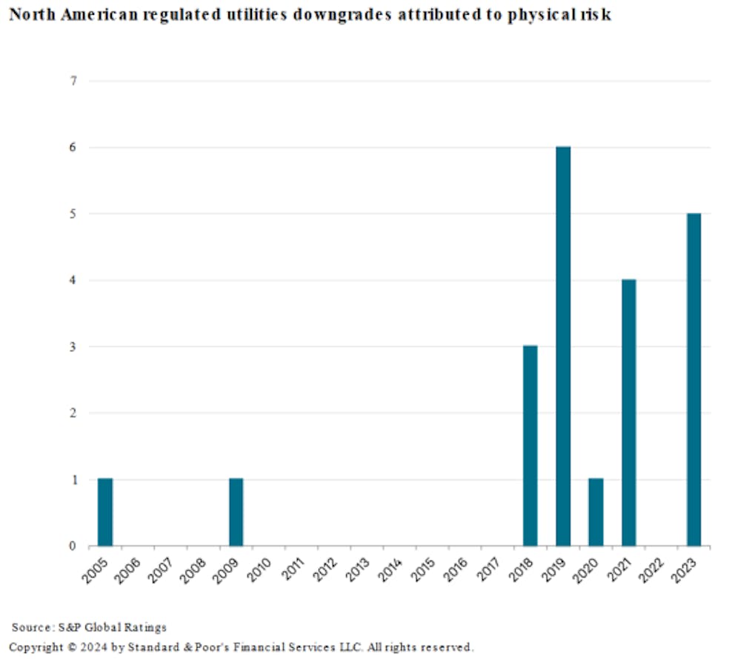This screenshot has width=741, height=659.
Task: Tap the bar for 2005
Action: point(105,512)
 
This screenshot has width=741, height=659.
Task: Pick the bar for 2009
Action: point(236,512)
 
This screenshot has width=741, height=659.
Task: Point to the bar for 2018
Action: point(531,446)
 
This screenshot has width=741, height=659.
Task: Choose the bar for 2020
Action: point(596,512)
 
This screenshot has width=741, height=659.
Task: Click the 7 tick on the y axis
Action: point(73,81)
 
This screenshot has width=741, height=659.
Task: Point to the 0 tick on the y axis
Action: point(73,546)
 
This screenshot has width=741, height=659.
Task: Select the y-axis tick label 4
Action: point(73,280)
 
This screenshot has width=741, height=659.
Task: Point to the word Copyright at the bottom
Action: point(35,647)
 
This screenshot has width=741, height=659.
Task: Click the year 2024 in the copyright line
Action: point(92,647)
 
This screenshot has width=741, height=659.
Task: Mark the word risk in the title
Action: point(597,15)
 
